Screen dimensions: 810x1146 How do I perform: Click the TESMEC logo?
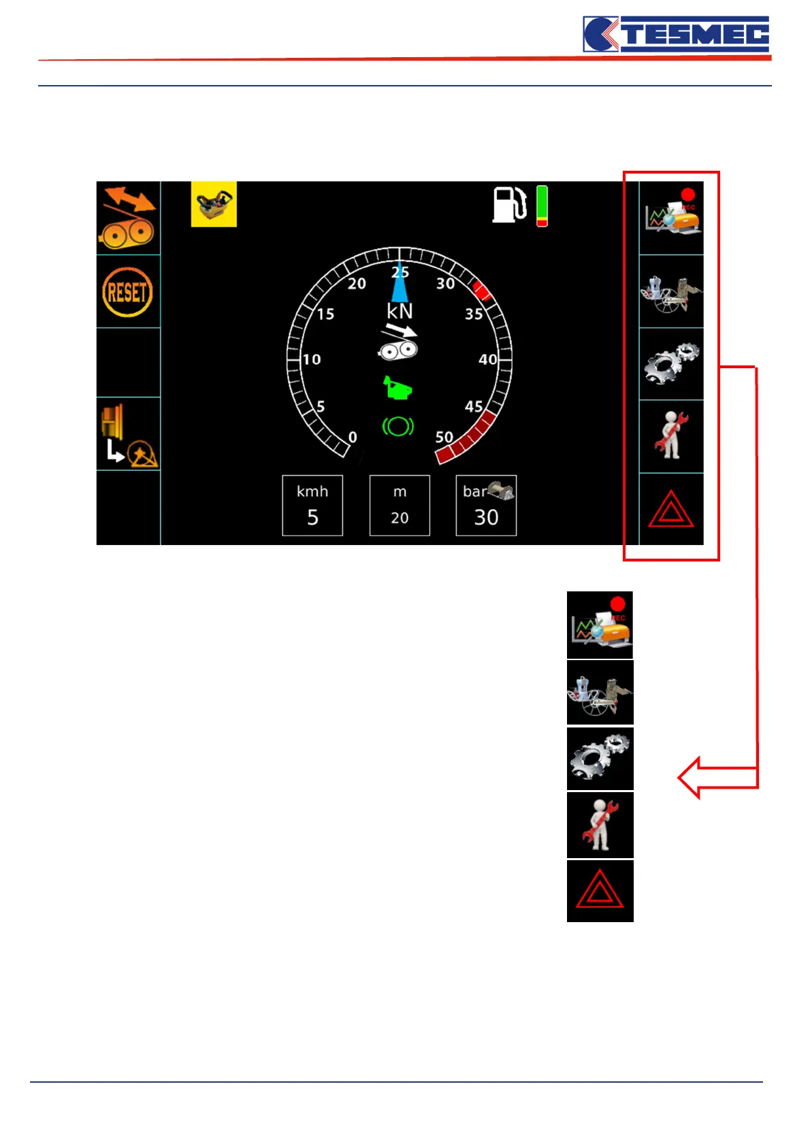coord(676,34)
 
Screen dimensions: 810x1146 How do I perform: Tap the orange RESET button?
coord(127,292)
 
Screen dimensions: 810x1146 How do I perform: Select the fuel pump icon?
coord(509,204)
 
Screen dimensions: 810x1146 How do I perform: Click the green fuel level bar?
coord(542,205)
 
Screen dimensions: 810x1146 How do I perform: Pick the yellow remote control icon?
coord(214,203)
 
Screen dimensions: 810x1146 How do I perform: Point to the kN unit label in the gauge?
coord(400,311)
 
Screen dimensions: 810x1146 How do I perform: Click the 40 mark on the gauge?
coord(487,359)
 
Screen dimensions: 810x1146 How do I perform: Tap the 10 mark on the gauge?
coord(312,359)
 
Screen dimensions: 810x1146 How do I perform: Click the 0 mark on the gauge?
coord(353,437)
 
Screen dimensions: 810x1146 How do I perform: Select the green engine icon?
coord(397,389)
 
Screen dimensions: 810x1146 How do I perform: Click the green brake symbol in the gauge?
coord(398,427)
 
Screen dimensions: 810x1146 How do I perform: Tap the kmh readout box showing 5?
coord(312,506)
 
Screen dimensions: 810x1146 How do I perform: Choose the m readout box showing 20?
coord(400,506)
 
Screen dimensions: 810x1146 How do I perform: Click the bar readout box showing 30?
coord(486,506)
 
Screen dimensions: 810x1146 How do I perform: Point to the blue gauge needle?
coord(400,282)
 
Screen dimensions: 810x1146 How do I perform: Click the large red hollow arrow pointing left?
coord(715,777)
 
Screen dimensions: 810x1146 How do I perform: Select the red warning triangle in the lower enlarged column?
coord(600,891)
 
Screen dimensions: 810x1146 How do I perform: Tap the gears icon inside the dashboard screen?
coord(671,363)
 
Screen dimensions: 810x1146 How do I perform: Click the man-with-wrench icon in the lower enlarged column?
coord(600,825)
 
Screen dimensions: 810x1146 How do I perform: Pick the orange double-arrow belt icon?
coord(128,218)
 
